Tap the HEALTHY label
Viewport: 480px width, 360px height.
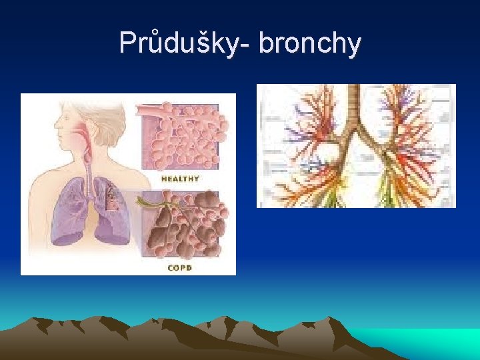tap(180, 179)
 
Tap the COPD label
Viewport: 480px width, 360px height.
tap(180, 267)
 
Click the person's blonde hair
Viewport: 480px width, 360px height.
tap(100, 119)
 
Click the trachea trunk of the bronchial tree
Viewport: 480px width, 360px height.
tap(356, 107)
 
